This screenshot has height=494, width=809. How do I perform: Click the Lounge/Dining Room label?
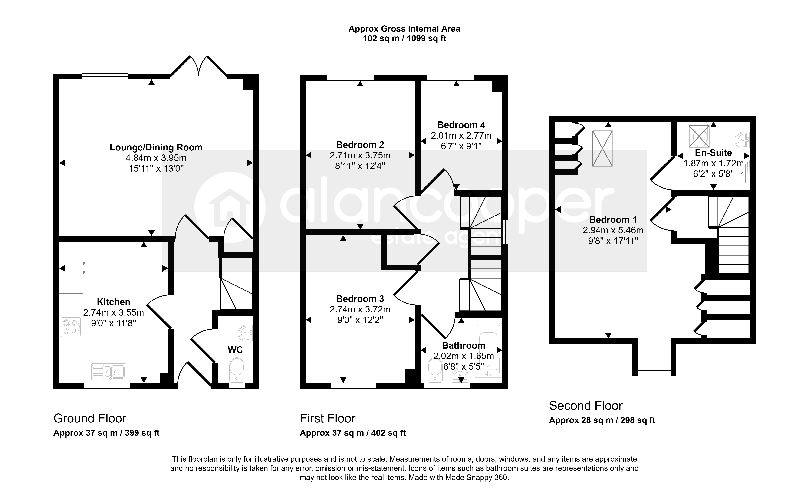tap(156, 147)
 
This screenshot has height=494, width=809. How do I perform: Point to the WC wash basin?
tap(246, 333)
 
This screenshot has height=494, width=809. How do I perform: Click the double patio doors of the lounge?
tap(199, 67)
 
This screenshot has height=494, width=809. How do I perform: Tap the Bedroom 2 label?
tap(360, 145)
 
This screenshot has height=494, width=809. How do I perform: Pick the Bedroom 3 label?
tap(360, 299)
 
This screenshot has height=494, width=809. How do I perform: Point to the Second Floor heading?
tap(586, 406)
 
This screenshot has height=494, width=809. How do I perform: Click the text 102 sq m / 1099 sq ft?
tap(404, 38)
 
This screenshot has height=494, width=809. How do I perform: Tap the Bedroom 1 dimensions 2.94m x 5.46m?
tap(613, 230)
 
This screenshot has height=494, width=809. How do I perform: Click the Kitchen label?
tap(114, 302)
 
